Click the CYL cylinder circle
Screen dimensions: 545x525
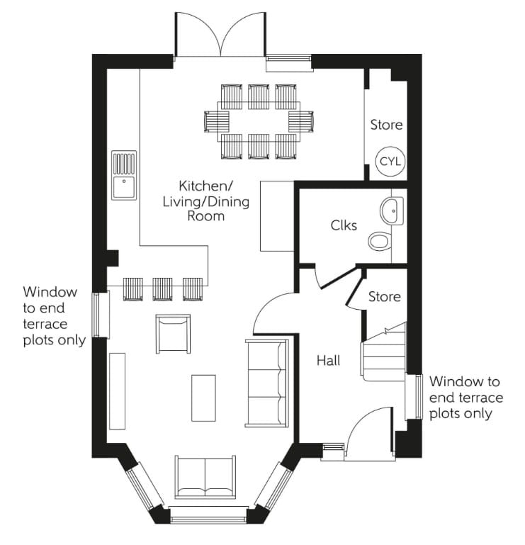389,161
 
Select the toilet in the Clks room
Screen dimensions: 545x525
379,241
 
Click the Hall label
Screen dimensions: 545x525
328,361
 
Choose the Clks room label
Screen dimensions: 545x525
344,225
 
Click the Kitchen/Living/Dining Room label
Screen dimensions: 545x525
205,201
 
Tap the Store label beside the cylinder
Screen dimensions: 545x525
386,125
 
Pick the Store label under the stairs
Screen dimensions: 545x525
384,297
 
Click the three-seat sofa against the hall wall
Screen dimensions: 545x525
266,383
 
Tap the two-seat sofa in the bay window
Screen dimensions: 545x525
205,477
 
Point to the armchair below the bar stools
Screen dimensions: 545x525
173,333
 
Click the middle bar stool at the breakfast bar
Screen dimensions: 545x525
164,288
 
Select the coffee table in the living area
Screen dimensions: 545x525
203,397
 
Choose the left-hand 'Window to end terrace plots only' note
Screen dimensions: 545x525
55,315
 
